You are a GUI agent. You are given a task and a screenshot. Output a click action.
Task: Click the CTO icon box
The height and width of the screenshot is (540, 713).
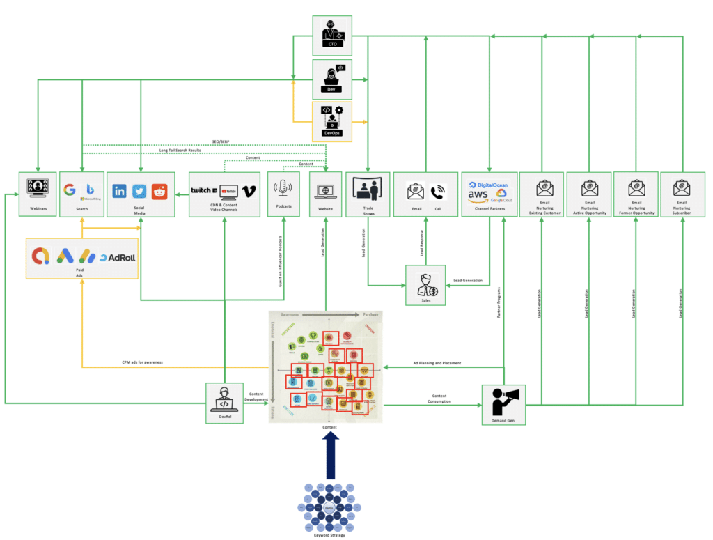point(331,34)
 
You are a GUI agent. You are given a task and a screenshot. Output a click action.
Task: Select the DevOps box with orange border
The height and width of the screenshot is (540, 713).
point(331,120)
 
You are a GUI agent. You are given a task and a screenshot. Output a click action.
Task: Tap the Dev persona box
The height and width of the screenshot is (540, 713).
point(331,77)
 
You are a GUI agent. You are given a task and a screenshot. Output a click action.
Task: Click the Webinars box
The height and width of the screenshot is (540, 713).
point(37,194)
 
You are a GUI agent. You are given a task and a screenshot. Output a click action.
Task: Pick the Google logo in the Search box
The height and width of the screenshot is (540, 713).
point(69,190)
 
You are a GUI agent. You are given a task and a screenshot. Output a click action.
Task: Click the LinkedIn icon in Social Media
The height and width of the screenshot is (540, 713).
point(120,190)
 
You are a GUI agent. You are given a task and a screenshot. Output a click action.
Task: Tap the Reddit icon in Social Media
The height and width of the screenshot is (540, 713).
point(159,190)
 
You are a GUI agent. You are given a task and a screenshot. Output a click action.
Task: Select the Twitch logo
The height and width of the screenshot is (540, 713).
point(203,190)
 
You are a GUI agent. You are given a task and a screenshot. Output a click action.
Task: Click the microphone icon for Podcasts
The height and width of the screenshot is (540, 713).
point(283,189)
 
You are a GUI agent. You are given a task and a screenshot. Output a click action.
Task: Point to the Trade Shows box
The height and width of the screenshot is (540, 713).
point(368,194)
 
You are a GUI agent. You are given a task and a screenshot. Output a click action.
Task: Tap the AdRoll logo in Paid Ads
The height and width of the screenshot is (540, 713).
point(116,257)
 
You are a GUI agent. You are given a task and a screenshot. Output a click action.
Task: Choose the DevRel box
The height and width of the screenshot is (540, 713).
point(225,402)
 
